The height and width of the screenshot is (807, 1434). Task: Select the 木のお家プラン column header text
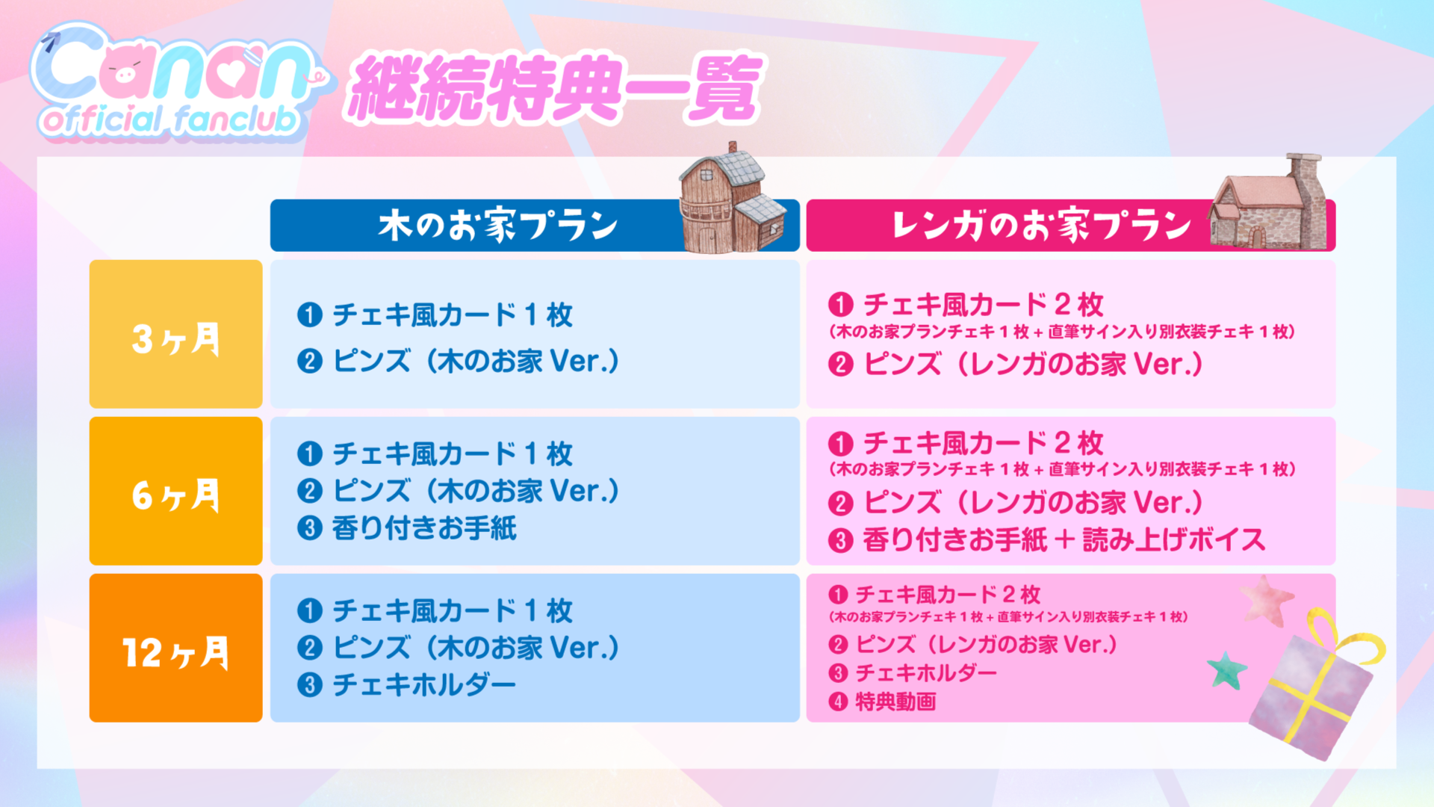point(498,225)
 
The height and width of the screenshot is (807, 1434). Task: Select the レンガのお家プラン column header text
point(1041,225)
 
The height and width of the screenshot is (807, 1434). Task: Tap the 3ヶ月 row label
point(176,338)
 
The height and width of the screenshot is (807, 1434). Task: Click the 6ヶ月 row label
point(176,495)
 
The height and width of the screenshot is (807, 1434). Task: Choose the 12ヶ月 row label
point(176,652)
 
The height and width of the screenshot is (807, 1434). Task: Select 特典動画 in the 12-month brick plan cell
point(896,702)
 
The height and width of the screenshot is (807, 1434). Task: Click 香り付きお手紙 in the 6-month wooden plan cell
point(424,528)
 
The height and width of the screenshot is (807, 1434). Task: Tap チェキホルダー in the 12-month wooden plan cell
point(424,684)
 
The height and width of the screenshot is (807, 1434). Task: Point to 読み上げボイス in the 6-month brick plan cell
point(1174,539)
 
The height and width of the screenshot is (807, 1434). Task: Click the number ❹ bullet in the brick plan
point(838,702)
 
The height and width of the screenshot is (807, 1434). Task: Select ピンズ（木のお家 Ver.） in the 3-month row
point(477,362)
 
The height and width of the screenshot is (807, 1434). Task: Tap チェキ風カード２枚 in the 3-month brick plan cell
point(984,305)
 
